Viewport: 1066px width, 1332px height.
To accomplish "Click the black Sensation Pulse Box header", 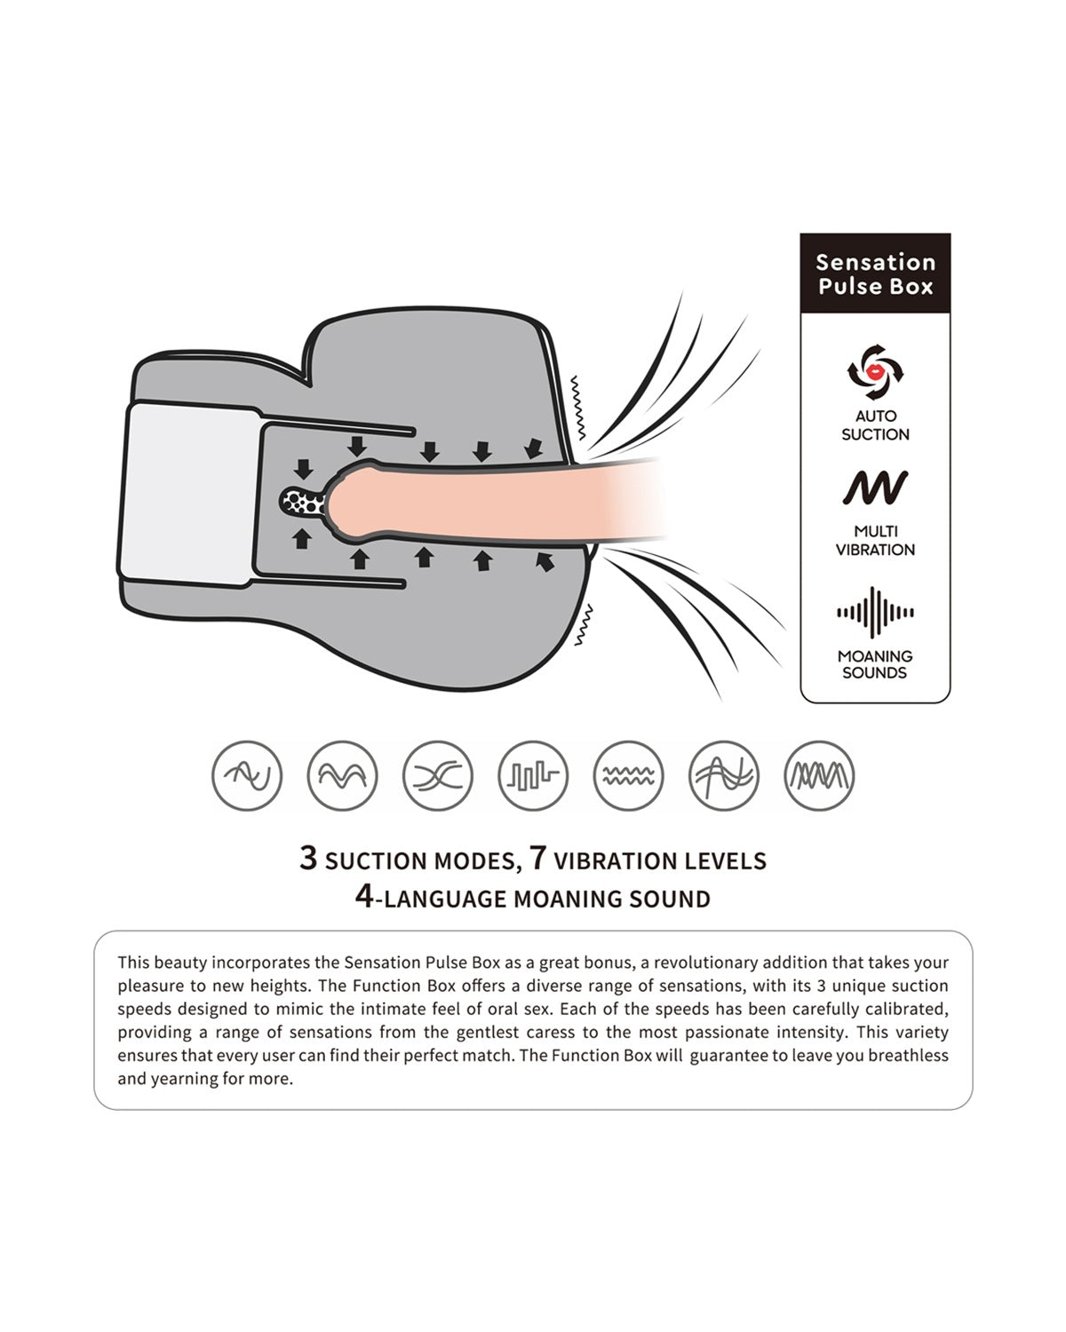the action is pos(875,273).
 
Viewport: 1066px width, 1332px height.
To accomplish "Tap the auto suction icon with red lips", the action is pos(875,372).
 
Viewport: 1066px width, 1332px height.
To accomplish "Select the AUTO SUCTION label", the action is pos(875,425).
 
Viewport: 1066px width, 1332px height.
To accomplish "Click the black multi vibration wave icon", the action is pos(875,488).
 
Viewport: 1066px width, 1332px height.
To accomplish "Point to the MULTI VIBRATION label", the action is pos(875,541).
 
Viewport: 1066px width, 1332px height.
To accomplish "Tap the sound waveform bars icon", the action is pos(875,612).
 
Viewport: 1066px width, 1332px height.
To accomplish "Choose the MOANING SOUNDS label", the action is pos(875,664).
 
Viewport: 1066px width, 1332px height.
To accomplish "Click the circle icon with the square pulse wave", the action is pos(533,775).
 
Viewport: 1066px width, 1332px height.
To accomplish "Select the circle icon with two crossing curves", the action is pos(437,775).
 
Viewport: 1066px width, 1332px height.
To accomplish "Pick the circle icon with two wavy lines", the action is pos(628,775).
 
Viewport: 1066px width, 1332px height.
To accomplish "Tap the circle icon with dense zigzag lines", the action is pos(819,775).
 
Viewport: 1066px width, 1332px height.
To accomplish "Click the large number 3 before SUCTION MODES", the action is pos(308,858).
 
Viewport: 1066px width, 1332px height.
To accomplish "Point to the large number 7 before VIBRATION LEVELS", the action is pos(537,858).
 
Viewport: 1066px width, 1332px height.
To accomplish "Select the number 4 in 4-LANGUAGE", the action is pos(365,896).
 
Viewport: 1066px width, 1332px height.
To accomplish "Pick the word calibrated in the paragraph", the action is pos(906,1009).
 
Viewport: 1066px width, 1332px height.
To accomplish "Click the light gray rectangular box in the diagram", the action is pos(191,493).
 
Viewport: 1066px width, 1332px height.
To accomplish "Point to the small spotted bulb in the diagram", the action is pos(302,502).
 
